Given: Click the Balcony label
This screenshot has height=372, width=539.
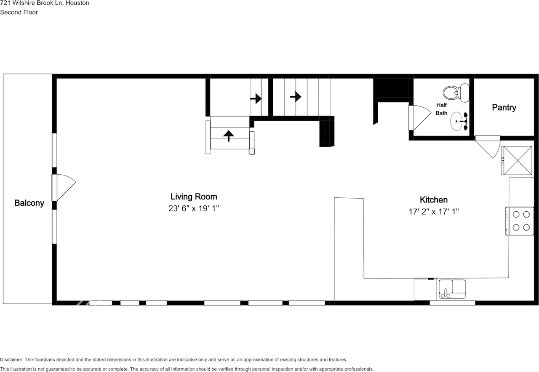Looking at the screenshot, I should (x=29, y=203).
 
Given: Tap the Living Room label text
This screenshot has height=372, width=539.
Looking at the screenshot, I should (x=194, y=197).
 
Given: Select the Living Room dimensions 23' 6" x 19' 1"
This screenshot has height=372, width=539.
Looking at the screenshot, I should (x=194, y=208).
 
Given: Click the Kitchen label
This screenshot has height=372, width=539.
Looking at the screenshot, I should (x=433, y=200).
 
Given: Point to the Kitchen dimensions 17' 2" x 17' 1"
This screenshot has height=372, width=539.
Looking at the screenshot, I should (x=433, y=212).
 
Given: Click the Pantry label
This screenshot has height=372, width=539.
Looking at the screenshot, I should (x=504, y=108).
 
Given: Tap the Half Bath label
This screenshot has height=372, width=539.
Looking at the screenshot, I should (x=441, y=109).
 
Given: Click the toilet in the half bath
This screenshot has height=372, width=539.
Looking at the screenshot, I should (x=456, y=93).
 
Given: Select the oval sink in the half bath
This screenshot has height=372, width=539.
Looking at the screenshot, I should (x=458, y=122).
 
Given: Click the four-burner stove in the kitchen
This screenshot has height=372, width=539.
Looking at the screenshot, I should (x=520, y=221).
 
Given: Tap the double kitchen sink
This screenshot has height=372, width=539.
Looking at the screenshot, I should (x=452, y=290).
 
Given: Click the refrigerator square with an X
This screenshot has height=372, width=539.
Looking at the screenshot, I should (x=516, y=160).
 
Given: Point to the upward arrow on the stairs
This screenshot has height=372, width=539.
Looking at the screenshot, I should (x=229, y=136).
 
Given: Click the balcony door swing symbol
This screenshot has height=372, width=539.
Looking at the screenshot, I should (x=64, y=187).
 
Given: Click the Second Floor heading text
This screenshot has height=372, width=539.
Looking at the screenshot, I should (x=19, y=12).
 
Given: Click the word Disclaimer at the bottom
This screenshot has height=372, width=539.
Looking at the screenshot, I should (x=12, y=360).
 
